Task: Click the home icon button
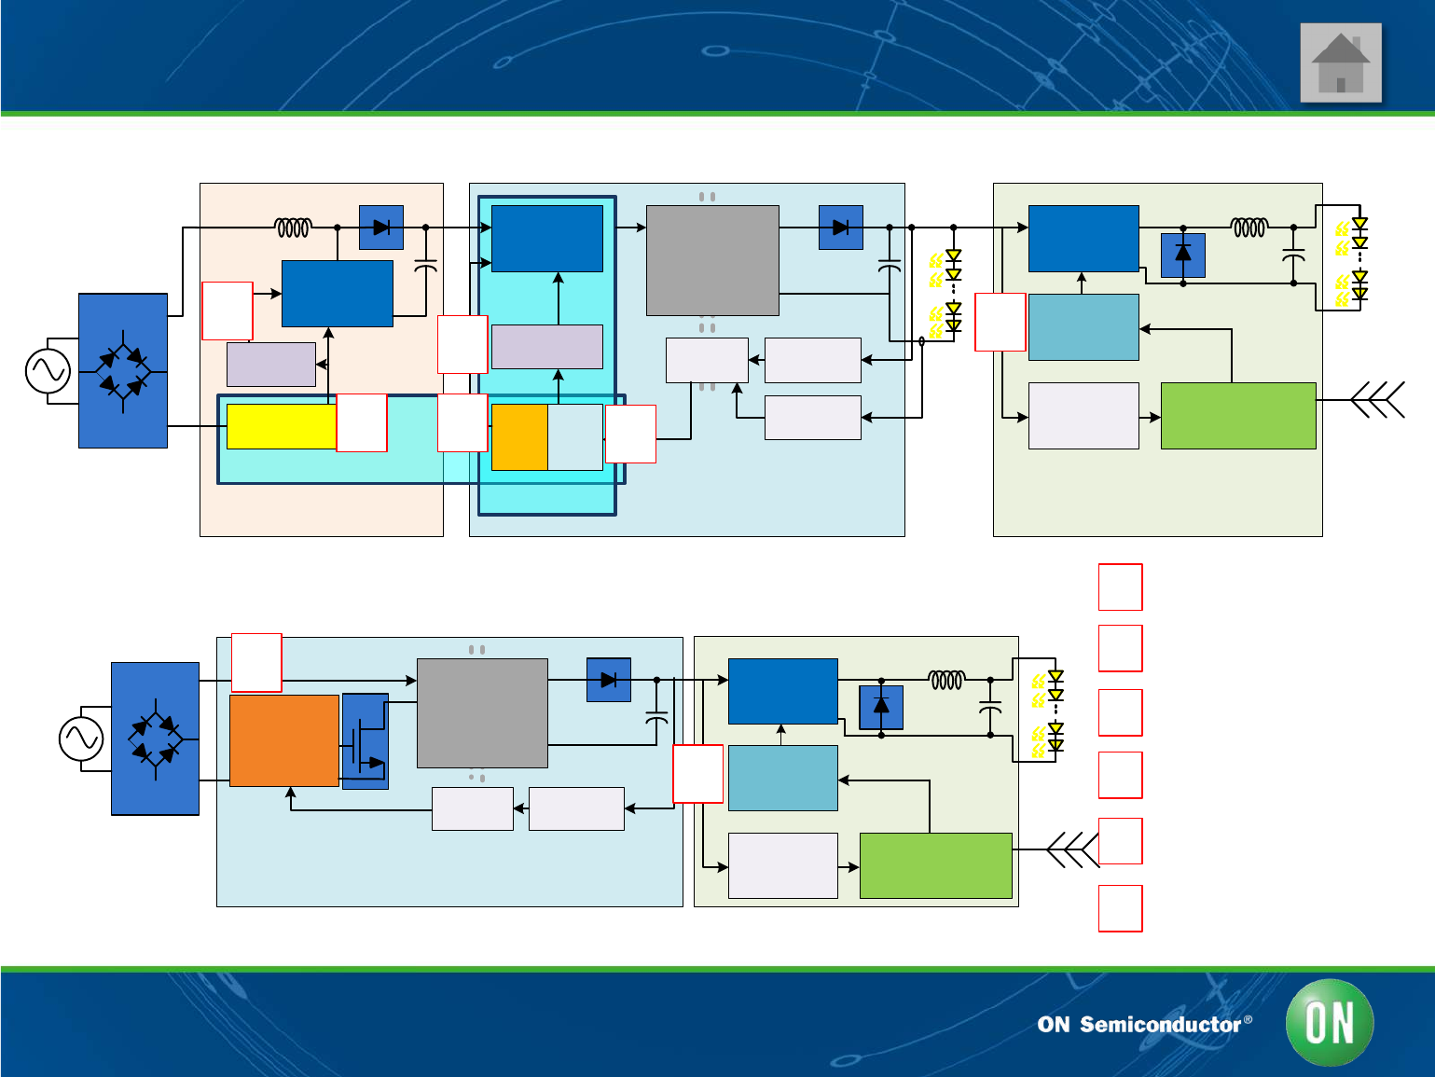tap(1340, 62)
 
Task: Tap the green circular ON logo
tap(1329, 1022)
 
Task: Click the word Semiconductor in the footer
tap(1160, 1025)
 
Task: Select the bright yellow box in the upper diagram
tap(281, 426)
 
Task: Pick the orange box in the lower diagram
tap(283, 740)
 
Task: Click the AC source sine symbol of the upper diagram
tap(48, 371)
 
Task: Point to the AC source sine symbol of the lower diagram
tap(81, 739)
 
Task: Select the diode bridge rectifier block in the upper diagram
tap(123, 371)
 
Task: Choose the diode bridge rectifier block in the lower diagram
tap(155, 739)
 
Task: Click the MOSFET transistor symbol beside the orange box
tap(366, 741)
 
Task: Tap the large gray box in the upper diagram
tap(712, 260)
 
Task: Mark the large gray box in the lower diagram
tap(482, 713)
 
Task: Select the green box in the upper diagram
tap(1238, 416)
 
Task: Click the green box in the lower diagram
tap(935, 865)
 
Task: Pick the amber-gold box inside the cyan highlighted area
tap(519, 436)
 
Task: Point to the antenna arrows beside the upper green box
tap(1379, 400)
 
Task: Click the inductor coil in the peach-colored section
tap(293, 228)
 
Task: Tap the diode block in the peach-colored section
tap(381, 228)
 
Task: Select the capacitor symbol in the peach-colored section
tap(425, 268)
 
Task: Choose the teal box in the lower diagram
tap(782, 778)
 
